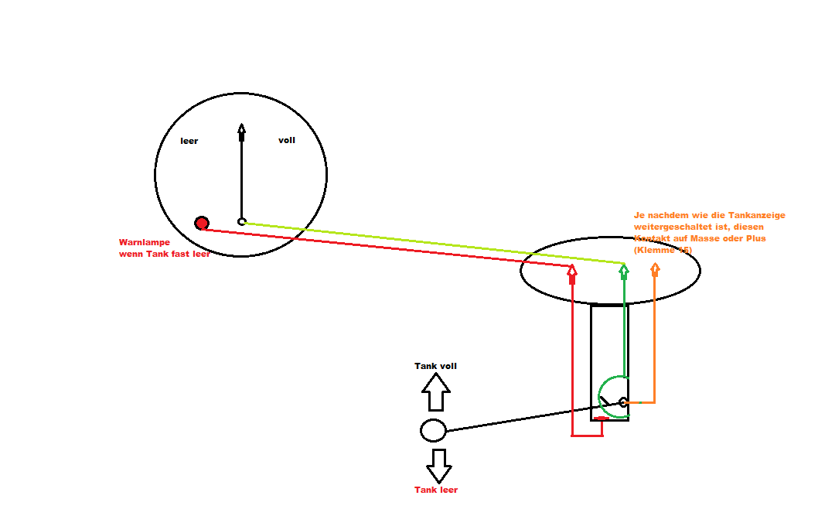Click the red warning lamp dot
tap(202, 224)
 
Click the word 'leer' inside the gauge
tap(189, 141)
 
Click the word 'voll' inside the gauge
tap(287, 140)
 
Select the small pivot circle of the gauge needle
tap(241, 221)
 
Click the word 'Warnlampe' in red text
tap(144, 242)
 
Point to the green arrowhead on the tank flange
tap(624, 270)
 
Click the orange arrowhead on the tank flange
tap(655, 269)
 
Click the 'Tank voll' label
tap(435, 366)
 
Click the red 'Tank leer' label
tap(436, 490)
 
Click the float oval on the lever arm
tap(433, 430)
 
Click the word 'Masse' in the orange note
tap(705, 238)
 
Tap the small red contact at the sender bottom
tap(601, 419)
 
